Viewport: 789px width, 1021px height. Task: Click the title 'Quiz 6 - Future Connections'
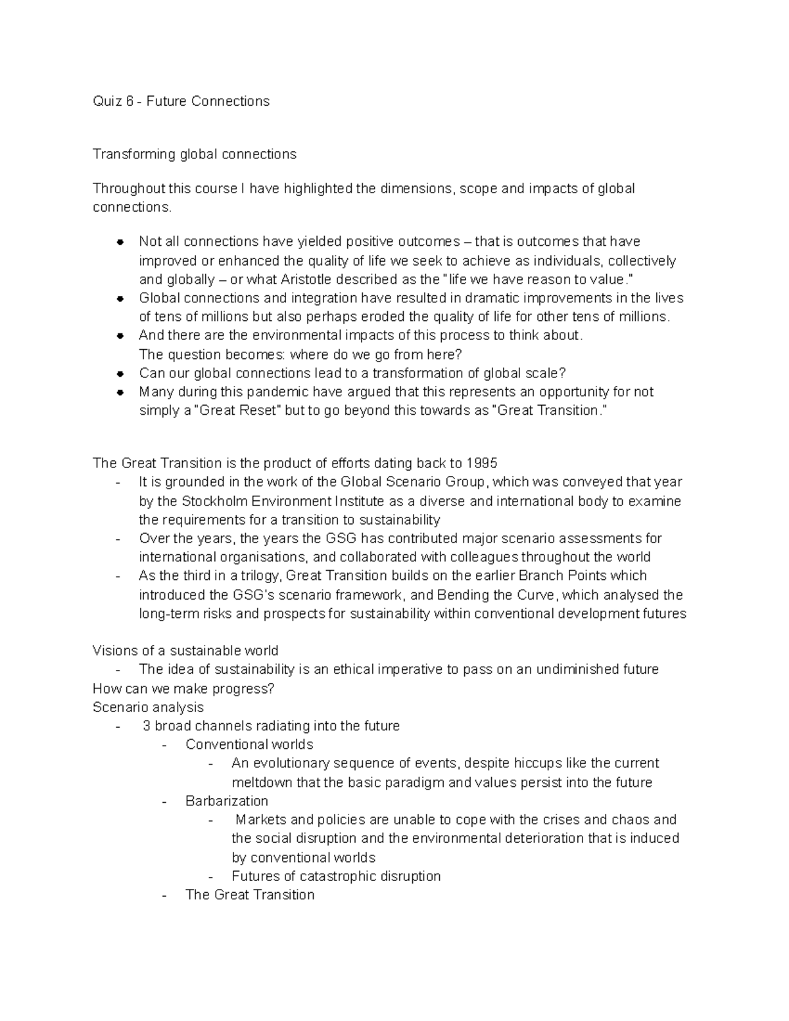(181, 101)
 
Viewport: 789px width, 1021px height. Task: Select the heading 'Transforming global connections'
(194, 154)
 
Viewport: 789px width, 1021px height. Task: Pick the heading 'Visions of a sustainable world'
(185, 651)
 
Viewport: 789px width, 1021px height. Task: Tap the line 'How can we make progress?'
(183, 688)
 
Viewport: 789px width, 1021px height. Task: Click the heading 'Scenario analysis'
(148, 707)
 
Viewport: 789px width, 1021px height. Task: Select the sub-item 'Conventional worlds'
(249, 745)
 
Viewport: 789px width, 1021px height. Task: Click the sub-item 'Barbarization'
(227, 801)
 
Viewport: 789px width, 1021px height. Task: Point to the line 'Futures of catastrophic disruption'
(336, 876)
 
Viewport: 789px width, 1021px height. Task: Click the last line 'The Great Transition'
(250, 895)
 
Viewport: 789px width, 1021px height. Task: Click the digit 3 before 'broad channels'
(147, 726)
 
